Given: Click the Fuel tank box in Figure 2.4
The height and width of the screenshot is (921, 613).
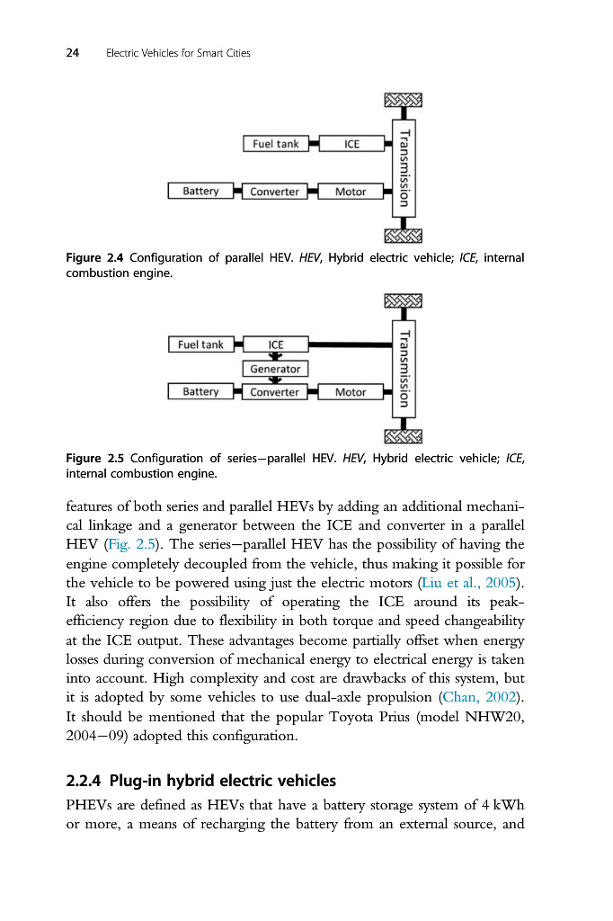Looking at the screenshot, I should coord(276,144).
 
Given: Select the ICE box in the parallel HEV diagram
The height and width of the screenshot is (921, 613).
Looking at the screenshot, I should coord(351,144).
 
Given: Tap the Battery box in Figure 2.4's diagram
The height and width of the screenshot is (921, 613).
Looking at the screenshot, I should coord(200,191).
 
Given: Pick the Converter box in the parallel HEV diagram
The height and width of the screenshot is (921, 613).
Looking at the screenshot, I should coord(275,192).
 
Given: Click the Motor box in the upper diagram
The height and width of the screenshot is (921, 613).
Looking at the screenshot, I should coord(351,192).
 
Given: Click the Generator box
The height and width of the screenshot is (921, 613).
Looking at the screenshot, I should coord(275,369).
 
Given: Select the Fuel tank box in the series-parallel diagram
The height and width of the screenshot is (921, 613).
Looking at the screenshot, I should coord(200,344).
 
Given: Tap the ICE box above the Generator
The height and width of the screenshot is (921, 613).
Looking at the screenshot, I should coord(275,344).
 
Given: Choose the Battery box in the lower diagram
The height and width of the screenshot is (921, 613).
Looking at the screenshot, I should coord(200,392).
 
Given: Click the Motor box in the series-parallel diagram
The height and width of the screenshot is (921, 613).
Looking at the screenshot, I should coord(351,392).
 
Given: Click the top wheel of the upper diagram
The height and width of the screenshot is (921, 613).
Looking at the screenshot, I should coord(403,98).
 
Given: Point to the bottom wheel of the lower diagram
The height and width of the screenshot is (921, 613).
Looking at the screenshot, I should coord(403,436).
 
